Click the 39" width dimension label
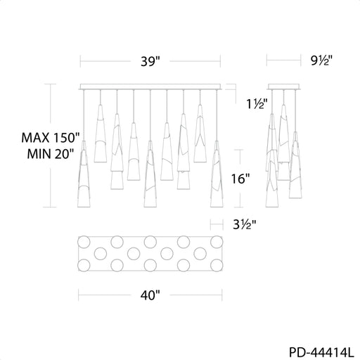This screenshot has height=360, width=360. pos(150,62)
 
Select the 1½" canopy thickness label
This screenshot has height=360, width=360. pos(257,103)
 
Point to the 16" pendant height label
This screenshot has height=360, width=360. pos(240,179)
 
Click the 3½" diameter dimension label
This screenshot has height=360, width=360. pos(245,224)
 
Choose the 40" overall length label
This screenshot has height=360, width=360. pos(150,295)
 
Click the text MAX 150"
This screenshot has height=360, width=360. pos(51,138)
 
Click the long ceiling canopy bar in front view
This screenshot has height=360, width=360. pos(150,86)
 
